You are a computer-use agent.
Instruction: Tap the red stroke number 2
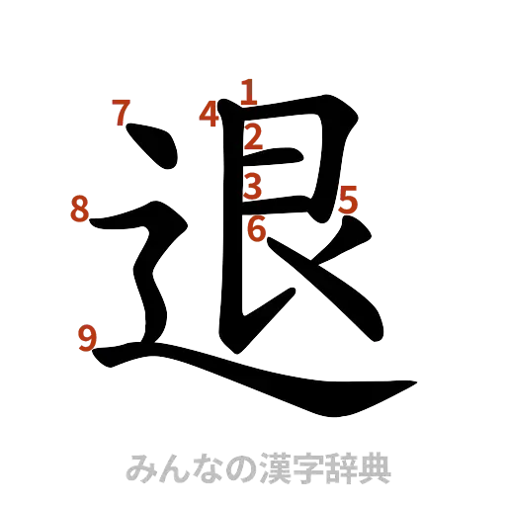point(252,136)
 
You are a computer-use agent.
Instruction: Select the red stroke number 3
point(253,185)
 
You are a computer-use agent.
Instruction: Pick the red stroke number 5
point(348,201)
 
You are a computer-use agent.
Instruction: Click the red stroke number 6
point(256,230)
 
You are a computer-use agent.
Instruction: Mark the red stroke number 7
point(121,114)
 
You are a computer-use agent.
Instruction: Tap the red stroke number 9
point(87,339)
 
